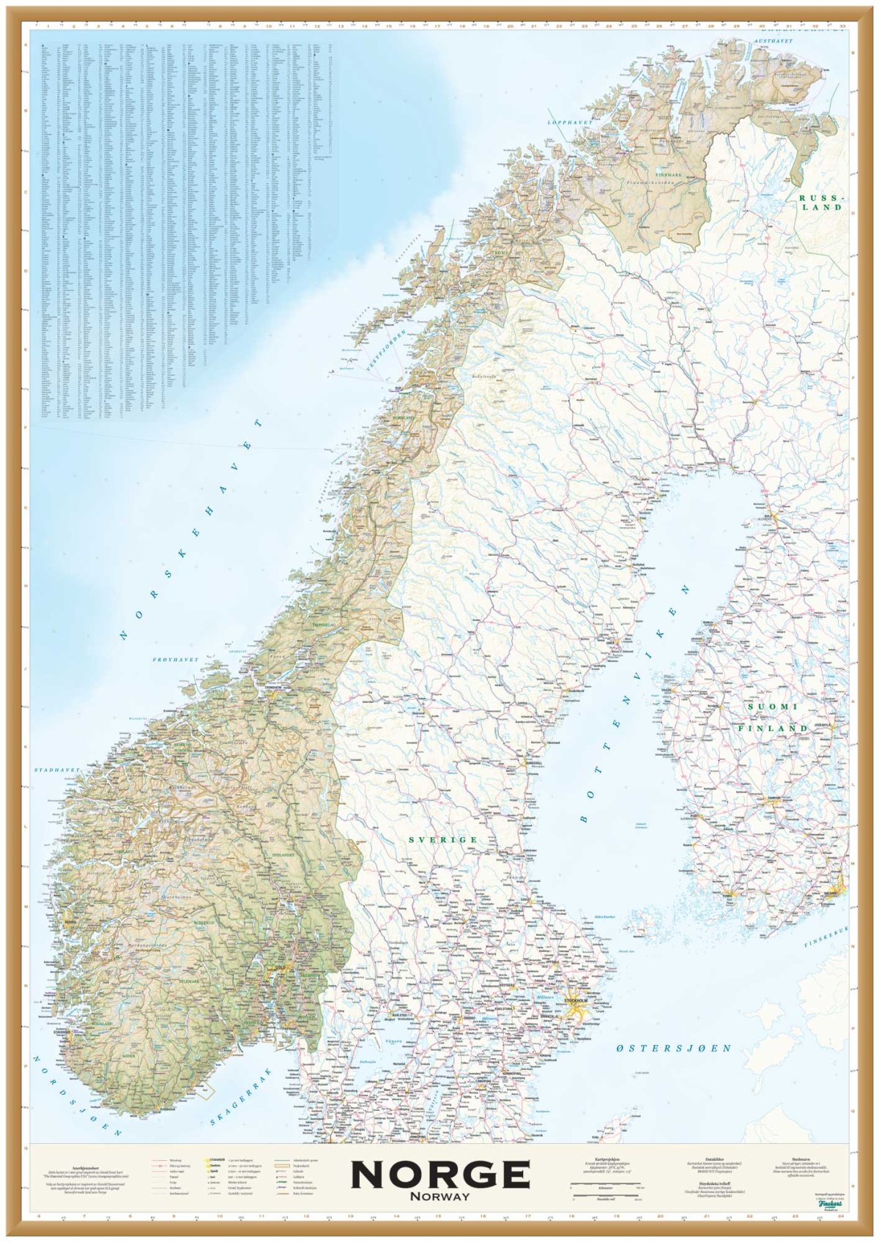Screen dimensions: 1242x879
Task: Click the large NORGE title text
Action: point(439,1175)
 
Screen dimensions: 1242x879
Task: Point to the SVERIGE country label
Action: point(443,839)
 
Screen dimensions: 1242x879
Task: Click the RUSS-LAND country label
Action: point(820,203)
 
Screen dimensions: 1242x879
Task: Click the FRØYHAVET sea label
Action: point(176,660)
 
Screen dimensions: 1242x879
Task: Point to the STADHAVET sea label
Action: point(56,770)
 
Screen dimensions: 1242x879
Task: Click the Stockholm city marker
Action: point(578,1001)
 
